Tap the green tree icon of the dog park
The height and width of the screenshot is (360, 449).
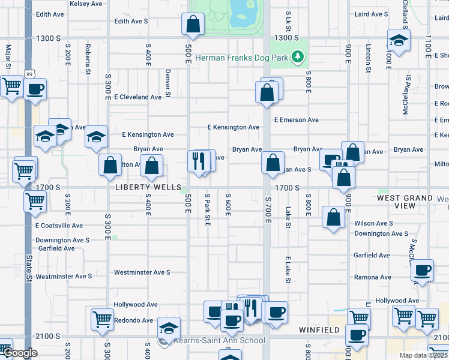(x=297, y=58)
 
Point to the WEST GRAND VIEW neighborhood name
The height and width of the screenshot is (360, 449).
(x=405, y=202)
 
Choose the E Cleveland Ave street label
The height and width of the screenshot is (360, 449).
(x=137, y=97)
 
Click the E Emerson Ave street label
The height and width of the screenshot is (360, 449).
(x=297, y=120)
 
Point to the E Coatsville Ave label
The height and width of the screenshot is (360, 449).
(x=59, y=226)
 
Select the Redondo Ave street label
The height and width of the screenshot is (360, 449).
(x=133, y=320)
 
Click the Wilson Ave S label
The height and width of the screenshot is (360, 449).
(x=373, y=223)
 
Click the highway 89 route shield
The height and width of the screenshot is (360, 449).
(x=30, y=74)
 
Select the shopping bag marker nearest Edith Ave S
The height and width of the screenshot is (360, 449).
(x=193, y=24)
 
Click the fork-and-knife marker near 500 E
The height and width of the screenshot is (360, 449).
(x=197, y=161)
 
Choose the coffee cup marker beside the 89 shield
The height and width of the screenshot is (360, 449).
(x=35, y=90)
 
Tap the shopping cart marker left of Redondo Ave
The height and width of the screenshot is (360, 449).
(x=103, y=319)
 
